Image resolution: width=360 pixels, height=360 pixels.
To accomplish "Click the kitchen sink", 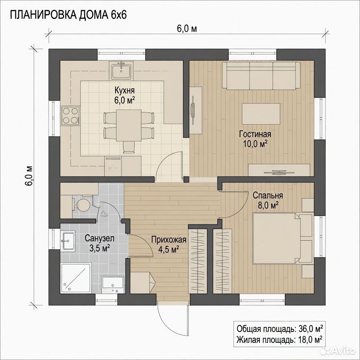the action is pos(121,70).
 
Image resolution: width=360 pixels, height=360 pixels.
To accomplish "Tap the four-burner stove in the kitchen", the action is pos(70,116).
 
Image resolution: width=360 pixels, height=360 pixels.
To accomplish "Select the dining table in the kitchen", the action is pos(129,125).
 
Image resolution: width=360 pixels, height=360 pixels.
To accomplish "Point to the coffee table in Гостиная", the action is pos(261,114).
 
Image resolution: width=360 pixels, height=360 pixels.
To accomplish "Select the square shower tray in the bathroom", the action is pos(76,278).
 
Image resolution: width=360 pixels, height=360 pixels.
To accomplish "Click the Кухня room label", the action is pos(124,90).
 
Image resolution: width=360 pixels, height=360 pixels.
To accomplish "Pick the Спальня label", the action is pos(268,195).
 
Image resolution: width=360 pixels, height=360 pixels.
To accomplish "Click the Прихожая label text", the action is pos(168,240).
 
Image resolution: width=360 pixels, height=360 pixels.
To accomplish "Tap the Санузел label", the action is pos(99,238).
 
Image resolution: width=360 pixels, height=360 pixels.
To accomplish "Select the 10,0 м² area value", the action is pos(255,144).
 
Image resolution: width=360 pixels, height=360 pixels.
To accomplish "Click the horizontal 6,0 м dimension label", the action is pos(187,29).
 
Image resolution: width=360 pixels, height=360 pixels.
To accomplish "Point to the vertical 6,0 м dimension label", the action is pos(29,175).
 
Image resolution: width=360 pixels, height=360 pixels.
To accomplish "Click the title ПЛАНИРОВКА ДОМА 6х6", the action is pos(68,15).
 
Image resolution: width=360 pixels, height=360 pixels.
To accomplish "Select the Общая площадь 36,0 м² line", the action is pos(280,328).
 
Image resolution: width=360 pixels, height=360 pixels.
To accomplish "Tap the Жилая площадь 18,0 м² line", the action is pos(279,339).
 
